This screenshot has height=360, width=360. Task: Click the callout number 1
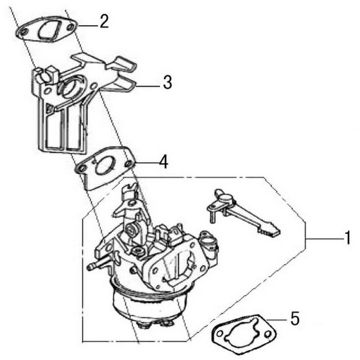pyautogui.click(x=348, y=238)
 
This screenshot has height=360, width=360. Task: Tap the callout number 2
pyautogui.click(x=104, y=21)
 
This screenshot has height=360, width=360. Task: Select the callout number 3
pyautogui.click(x=167, y=82)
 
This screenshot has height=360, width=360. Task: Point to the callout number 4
pyautogui.click(x=164, y=162)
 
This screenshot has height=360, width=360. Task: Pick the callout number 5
pyautogui.click(x=295, y=318)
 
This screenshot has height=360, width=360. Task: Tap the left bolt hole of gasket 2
pyautogui.click(x=23, y=33)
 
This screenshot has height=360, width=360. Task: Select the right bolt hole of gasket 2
pyautogui.click(x=71, y=28)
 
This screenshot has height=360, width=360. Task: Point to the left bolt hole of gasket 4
pyautogui.click(x=81, y=169)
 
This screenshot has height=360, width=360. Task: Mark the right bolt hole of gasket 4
pyautogui.click(x=129, y=164)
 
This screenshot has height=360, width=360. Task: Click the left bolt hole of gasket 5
pyautogui.click(x=219, y=334)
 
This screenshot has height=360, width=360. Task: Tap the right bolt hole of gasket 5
pyautogui.click(x=268, y=334)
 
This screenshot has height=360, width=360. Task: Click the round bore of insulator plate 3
pyautogui.click(x=71, y=88)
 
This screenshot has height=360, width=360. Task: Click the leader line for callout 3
pyautogui.click(x=148, y=86)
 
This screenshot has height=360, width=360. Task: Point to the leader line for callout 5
pyautogui.click(x=276, y=319)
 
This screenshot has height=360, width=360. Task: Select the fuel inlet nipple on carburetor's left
pyautogui.click(x=96, y=265)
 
